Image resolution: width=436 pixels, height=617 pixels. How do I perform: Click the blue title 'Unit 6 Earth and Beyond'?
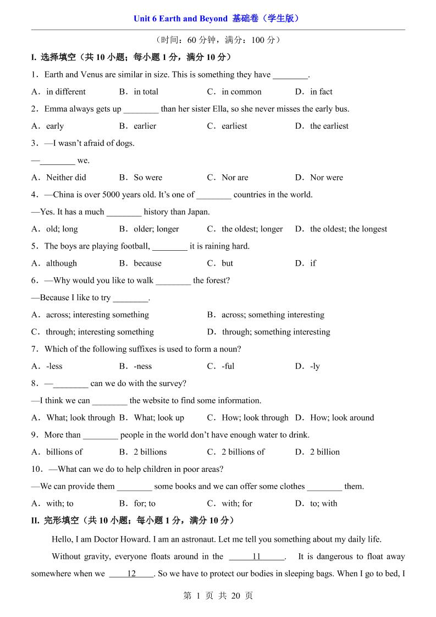(x=180, y=19)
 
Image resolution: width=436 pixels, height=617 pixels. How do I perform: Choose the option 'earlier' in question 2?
(x=145, y=126)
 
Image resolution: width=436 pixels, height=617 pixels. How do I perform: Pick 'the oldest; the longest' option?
(x=348, y=229)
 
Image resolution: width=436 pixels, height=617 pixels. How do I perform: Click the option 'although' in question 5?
(x=61, y=263)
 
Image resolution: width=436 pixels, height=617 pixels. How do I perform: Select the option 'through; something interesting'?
(x=275, y=332)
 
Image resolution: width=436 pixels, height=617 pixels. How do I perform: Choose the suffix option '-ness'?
(x=142, y=366)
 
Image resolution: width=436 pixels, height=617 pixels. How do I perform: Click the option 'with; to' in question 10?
(x=59, y=504)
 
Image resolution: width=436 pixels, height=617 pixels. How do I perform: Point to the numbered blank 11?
(x=256, y=557)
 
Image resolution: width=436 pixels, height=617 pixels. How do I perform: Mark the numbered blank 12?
(x=131, y=574)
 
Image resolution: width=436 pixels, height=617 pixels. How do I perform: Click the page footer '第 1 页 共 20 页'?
(x=218, y=596)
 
